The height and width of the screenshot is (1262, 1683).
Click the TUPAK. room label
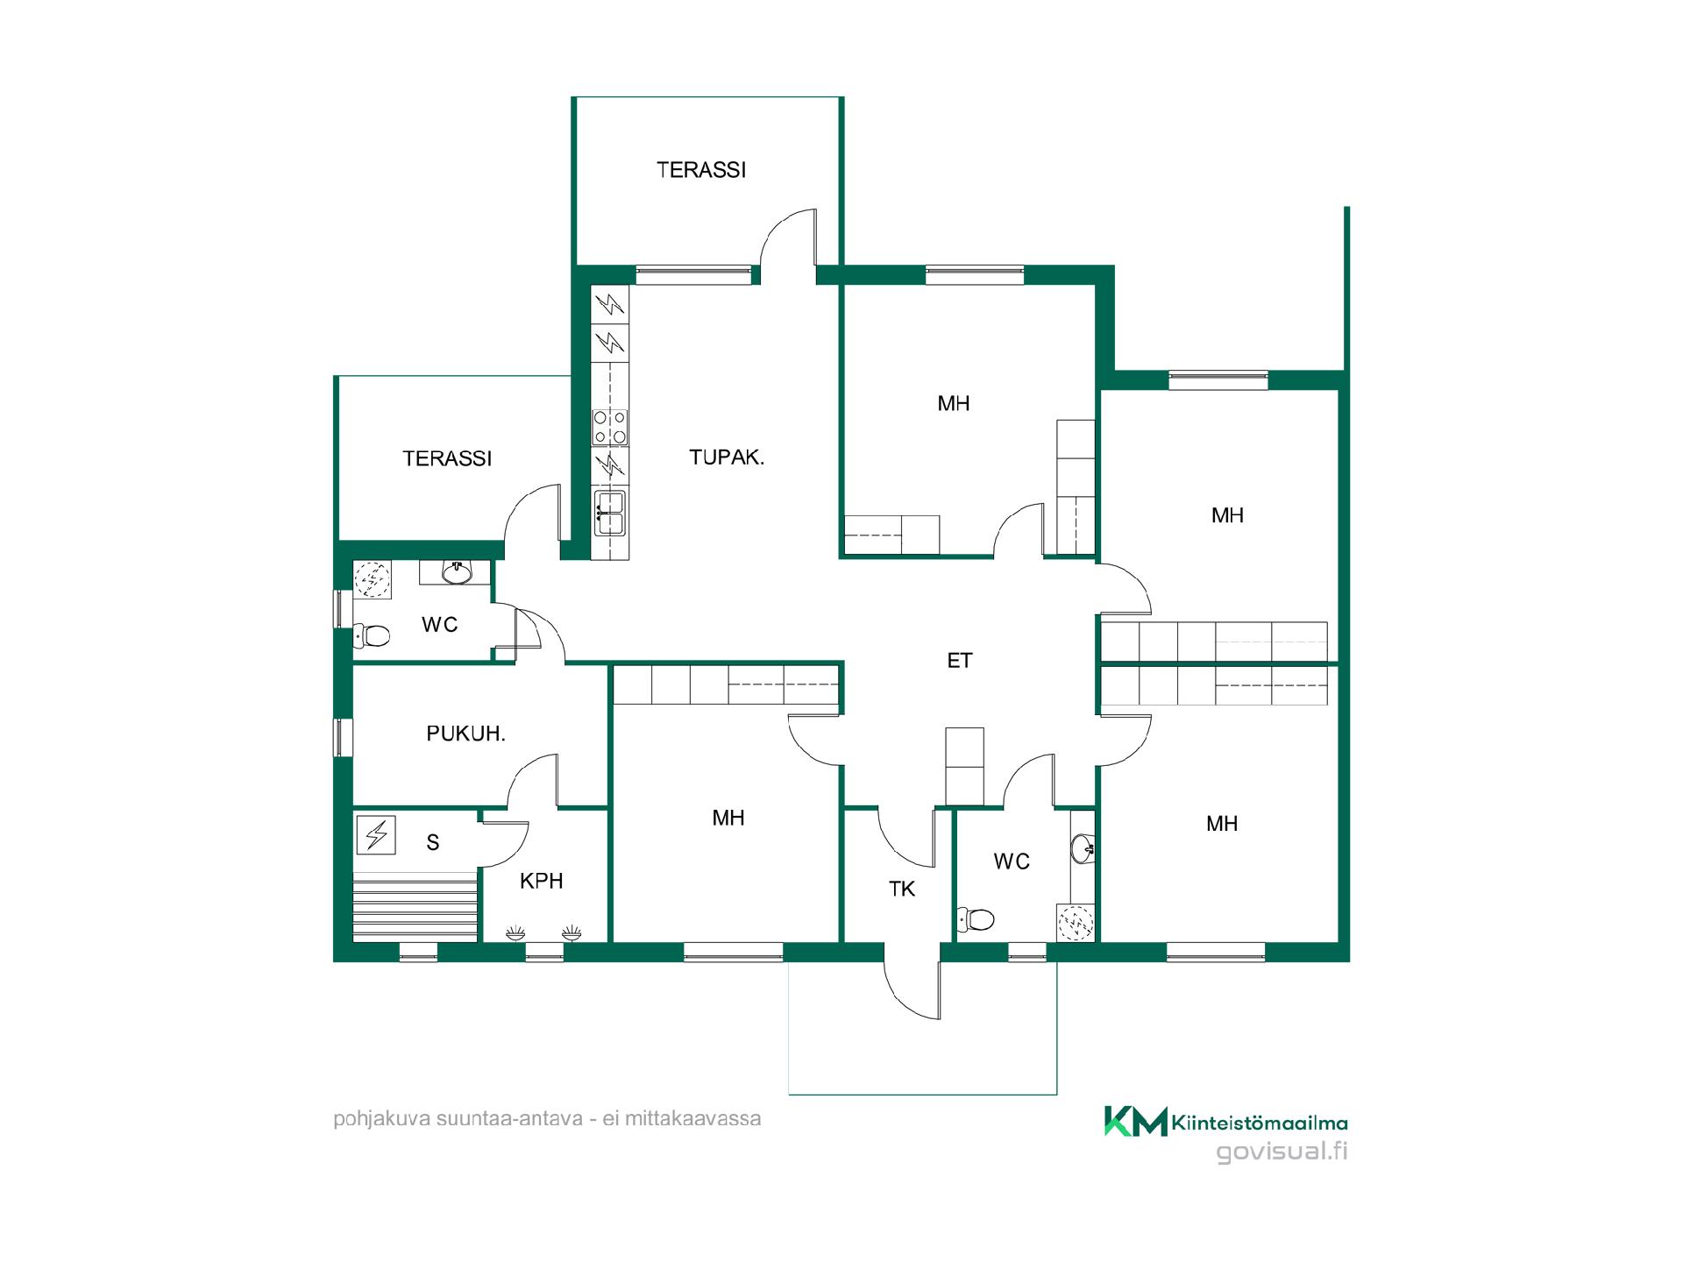pos(727,457)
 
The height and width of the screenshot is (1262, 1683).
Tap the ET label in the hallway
pos(960,661)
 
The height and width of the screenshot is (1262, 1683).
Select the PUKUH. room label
pos(465,734)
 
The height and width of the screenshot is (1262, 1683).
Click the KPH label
pos(541,881)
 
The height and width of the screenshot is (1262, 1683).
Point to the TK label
pos(902,889)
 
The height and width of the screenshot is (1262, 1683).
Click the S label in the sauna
pos(432,842)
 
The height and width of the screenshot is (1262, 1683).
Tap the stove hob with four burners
pos(610,427)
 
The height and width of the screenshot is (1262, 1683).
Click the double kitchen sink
pos(610,513)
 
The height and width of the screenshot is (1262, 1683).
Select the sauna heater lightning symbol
pos(377,834)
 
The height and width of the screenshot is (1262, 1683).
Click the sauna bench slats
pos(415,904)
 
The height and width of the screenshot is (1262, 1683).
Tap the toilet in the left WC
pos(372,635)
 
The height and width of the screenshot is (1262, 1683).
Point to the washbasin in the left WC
pos(456,572)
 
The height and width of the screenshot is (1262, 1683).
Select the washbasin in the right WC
pos(1083,848)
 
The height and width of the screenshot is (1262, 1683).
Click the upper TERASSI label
pos(701,170)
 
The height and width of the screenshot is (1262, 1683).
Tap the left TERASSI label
pos(447,458)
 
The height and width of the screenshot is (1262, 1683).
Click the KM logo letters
pos(1136,1121)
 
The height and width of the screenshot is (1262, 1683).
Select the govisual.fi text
pos(1282,1152)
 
